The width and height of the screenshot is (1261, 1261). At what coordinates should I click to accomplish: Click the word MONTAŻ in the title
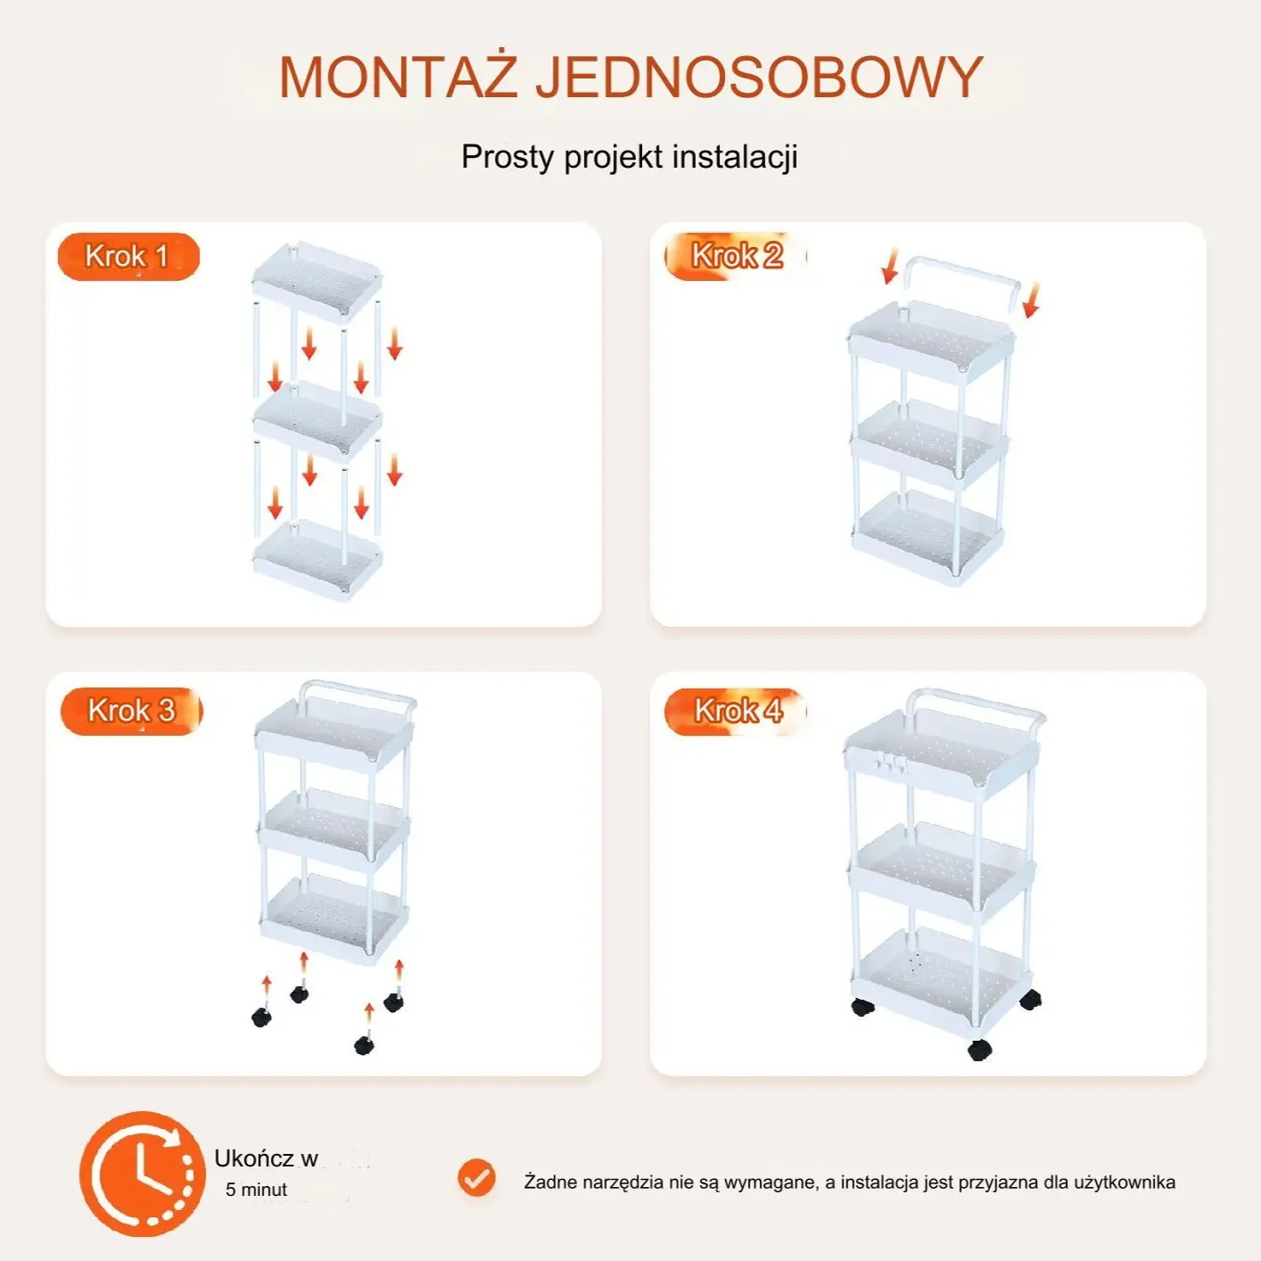[x=398, y=77]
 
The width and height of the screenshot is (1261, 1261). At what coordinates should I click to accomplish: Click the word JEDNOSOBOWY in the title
[x=760, y=78]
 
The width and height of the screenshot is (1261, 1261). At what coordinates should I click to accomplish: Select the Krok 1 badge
[x=128, y=257]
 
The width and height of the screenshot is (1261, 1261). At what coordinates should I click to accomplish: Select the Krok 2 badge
[x=736, y=256]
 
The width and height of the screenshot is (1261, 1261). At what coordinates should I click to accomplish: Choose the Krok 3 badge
[x=131, y=712]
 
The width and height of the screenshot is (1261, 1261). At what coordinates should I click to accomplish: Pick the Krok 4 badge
[x=736, y=712]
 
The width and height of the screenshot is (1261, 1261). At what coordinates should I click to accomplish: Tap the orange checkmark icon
[x=476, y=1178]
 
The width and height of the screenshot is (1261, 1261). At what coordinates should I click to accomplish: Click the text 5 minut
[x=256, y=1189]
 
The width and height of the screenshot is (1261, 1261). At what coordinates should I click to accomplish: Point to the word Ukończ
[x=253, y=1158]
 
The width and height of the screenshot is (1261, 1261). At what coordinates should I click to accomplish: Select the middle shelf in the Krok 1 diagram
[x=317, y=424]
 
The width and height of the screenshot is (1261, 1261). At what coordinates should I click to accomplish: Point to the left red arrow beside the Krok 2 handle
[x=890, y=266]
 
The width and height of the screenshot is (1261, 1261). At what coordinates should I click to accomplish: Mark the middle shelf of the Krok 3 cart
[x=334, y=828]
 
